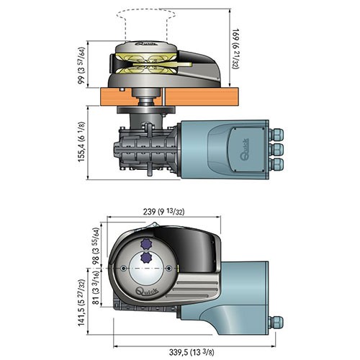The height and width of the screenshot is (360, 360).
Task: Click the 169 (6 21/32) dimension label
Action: click(x=236, y=49)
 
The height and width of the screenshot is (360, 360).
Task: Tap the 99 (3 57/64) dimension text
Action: click(x=81, y=66)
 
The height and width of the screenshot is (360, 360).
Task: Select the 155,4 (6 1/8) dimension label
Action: click(x=81, y=142)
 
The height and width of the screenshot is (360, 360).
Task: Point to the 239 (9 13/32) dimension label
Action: click(x=163, y=212)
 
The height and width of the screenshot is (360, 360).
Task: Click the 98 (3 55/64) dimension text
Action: click(x=96, y=246)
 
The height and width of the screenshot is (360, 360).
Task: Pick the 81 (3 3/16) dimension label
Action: click(x=96, y=288)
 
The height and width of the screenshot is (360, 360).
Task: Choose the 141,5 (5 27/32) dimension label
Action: click(x=81, y=302)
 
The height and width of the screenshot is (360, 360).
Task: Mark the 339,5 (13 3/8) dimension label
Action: click(x=192, y=352)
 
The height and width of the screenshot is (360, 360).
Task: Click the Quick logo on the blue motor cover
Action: click(x=245, y=150)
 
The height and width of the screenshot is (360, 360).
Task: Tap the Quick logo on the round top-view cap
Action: click(x=147, y=292)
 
